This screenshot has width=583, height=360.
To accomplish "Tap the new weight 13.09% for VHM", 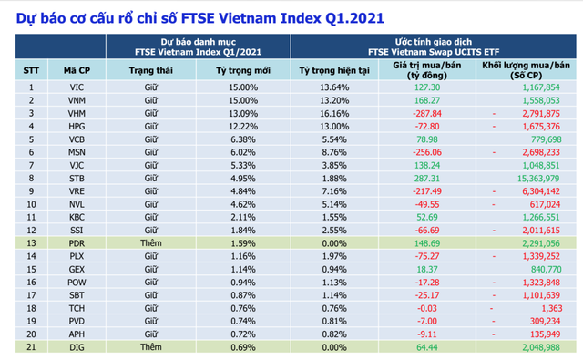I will (x=243, y=113).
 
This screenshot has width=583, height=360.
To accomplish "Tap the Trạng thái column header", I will (x=152, y=69).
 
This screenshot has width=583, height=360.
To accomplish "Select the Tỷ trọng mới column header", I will (x=242, y=69).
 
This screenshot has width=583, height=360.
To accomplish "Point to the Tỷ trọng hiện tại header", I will (x=335, y=69).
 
